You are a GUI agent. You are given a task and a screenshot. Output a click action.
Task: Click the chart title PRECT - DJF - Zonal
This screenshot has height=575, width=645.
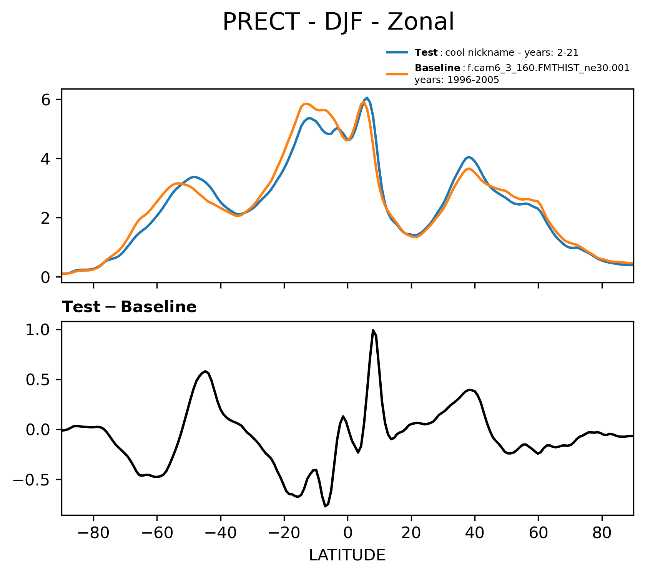[338, 22]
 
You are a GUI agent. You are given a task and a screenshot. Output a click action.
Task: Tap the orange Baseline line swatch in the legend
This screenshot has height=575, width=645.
[397, 74]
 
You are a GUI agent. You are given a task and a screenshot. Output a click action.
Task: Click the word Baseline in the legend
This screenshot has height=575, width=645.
[437, 68]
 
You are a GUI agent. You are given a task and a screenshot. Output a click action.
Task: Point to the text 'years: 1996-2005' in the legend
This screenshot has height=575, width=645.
[457, 80]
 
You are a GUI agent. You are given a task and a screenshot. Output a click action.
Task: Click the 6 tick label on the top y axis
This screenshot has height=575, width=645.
[46, 100]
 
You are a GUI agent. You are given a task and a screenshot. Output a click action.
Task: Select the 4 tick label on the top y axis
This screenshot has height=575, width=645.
[46, 159]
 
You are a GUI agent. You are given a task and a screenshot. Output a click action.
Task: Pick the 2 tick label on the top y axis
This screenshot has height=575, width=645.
[46, 218]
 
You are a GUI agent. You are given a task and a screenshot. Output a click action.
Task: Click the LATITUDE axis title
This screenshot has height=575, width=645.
[347, 555]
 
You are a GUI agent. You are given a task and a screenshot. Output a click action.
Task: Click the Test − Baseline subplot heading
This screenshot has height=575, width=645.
[129, 307]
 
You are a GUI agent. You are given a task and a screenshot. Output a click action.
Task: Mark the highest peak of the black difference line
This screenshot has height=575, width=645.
[373, 330]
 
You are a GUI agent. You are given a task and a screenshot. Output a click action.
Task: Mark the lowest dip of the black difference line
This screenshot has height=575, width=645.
[325, 506]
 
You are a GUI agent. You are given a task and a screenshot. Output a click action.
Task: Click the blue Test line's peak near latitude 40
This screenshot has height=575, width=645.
[469, 157]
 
